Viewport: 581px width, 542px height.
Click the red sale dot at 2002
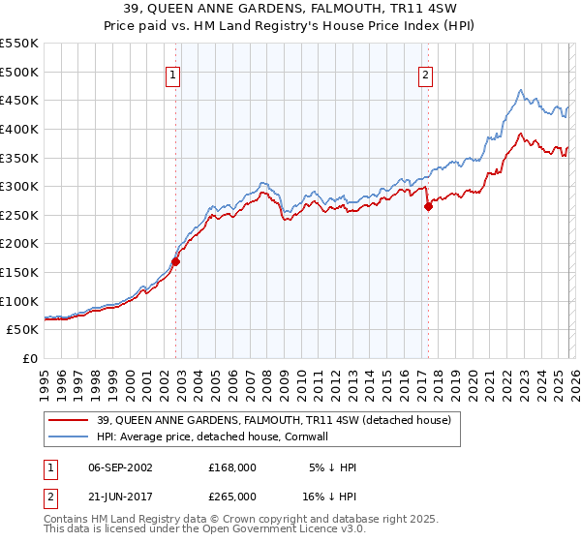click(x=176, y=261)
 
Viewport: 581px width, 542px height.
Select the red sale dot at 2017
click(x=428, y=206)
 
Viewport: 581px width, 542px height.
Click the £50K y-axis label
click(x=23, y=330)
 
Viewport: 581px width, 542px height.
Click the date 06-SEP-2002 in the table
click(x=120, y=467)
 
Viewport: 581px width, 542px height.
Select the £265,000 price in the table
click(x=231, y=496)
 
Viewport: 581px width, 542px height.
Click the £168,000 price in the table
click(x=231, y=467)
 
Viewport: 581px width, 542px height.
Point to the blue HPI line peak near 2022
click(x=520, y=91)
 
